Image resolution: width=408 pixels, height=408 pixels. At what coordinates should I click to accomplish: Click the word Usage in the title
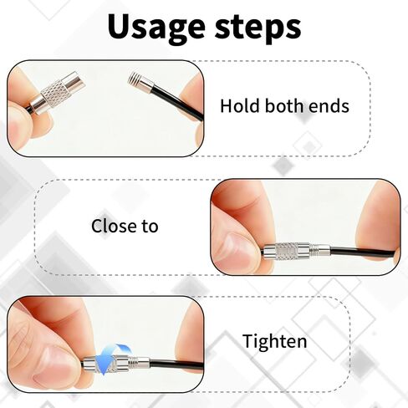156,28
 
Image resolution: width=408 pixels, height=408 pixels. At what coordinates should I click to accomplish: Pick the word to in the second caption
150,227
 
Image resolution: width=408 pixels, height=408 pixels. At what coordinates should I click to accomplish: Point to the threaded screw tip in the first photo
135,79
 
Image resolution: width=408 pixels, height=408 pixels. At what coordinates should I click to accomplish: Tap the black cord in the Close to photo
362,252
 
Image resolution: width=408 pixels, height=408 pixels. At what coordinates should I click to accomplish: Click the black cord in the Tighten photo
176,364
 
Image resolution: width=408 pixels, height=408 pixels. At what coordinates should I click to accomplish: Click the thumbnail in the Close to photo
240,249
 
